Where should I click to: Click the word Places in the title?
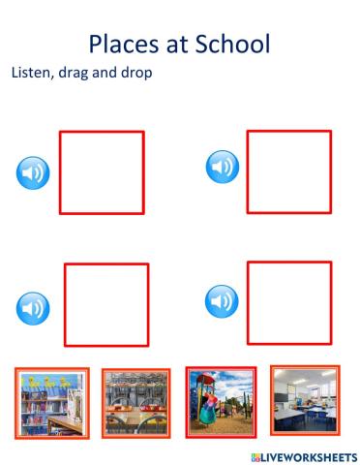(123, 44)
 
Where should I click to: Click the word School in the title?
(233, 44)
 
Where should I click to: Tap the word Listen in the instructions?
(34, 74)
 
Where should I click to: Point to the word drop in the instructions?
(136, 74)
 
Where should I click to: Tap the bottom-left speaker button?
(34, 309)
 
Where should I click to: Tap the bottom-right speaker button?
(223, 301)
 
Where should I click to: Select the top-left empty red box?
(102, 172)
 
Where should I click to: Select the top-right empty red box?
(288, 171)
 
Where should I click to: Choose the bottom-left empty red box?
(106, 304)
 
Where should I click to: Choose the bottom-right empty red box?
(288, 302)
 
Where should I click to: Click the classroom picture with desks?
(304, 399)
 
